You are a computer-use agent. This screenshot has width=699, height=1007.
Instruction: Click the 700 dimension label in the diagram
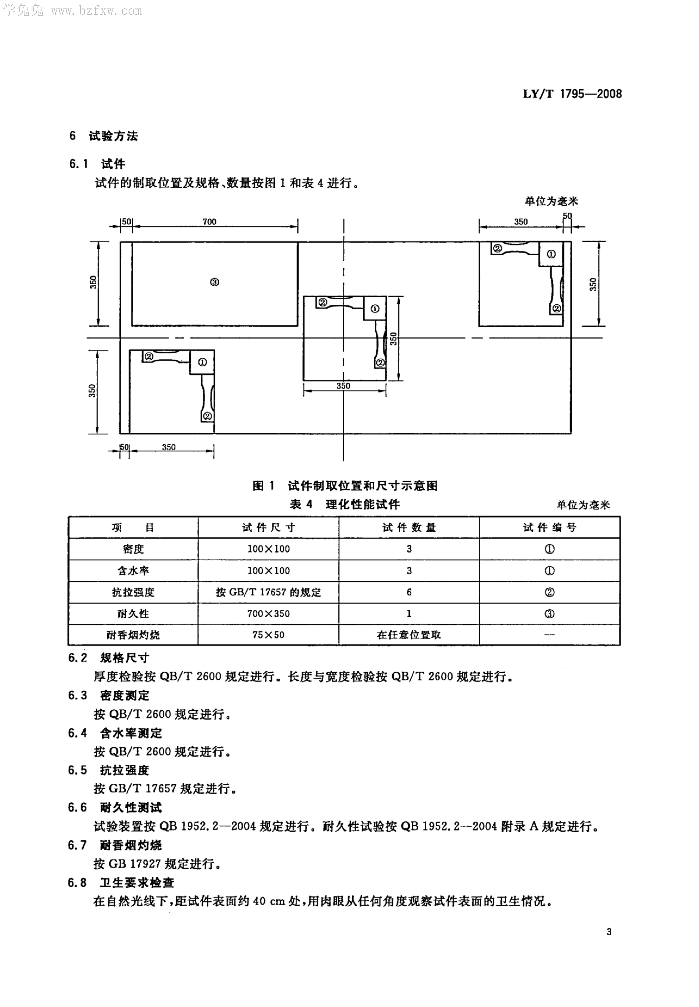(x=209, y=222)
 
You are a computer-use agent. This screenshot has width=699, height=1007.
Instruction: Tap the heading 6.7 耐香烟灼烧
(x=115, y=845)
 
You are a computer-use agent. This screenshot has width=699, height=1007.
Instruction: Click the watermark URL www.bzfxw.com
(x=96, y=11)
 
